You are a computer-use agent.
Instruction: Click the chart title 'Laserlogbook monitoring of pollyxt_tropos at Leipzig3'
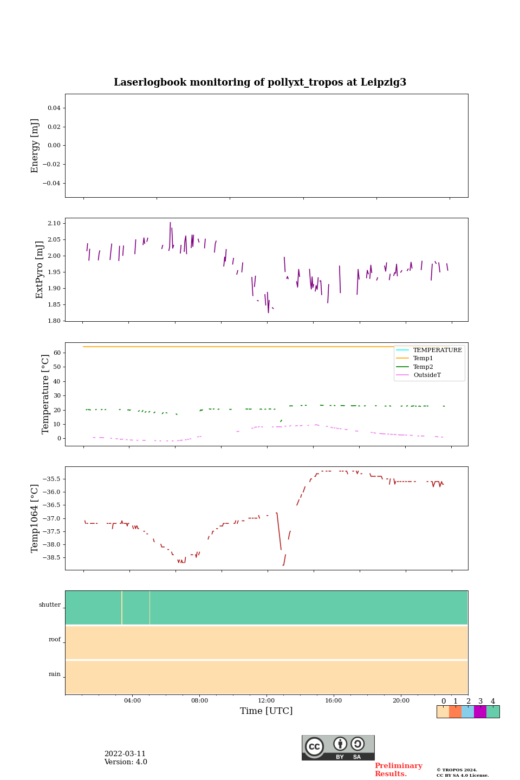tap(260, 82)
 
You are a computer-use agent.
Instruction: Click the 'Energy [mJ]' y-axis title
tap(35, 146)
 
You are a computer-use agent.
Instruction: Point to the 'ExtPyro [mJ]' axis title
tap(40, 270)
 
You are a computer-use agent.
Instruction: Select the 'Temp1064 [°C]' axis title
tap(35, 518)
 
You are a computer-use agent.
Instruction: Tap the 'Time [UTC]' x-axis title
tap(266, 711)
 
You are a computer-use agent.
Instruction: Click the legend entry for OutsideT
tap(427, 375)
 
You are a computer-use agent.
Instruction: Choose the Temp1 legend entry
tap(423, 359)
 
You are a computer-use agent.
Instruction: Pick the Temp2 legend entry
tap(423, 367)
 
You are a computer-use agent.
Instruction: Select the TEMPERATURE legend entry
tap(437, 350)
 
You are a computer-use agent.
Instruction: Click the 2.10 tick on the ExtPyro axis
tap(55, 223)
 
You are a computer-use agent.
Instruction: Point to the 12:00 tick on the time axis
tap(266, 701)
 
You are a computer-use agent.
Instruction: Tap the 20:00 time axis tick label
tap(401, 701)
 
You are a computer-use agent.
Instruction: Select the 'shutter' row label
tap(50, 605)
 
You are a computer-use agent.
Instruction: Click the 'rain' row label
tap(55, 674)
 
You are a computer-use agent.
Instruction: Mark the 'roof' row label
tap(55, 640)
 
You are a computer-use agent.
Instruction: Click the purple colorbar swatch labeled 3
tap(480, 712)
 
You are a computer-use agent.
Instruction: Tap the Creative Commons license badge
tap(338, 747)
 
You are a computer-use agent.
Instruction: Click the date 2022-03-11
tap(125, 754)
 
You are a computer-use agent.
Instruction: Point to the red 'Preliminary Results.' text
tap(398, 770)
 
